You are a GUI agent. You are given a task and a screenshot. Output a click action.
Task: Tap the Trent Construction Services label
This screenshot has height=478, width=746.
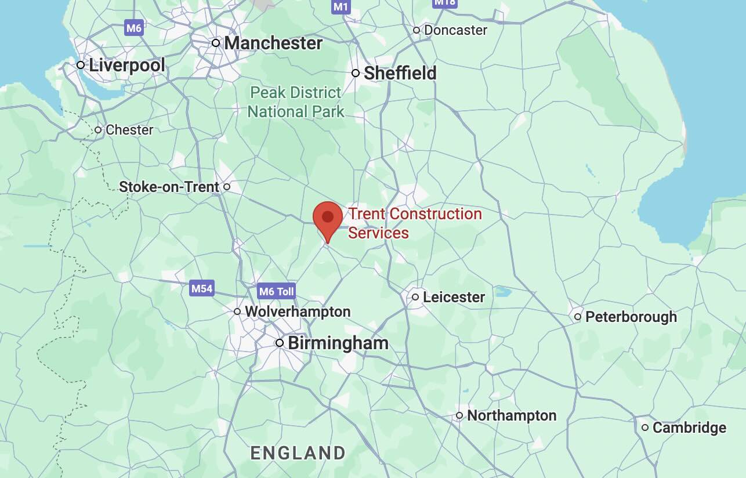pos(415,223)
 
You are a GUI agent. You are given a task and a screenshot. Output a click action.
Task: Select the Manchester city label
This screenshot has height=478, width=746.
pos(273,43)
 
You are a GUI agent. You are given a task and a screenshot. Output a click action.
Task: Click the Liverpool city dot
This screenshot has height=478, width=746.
pos(81,64)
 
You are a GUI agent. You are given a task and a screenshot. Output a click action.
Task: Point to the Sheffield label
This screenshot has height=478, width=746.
pos(400,73)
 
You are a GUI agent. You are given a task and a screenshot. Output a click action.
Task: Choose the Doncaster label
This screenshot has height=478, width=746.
pos(455,30)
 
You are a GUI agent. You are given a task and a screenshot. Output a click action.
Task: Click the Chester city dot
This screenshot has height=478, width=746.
pos(99,130)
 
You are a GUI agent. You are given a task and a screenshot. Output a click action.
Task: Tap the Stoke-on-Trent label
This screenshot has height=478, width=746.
pos(169,187)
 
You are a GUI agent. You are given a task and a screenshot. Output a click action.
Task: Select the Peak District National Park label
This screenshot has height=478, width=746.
pos(296,102)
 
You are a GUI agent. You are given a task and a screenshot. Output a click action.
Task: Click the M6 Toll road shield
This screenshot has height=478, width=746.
pos(277,291)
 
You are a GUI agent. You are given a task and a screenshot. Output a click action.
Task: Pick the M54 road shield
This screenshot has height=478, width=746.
pos(202,288)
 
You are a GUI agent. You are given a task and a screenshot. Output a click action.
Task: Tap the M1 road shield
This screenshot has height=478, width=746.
pos(341,6)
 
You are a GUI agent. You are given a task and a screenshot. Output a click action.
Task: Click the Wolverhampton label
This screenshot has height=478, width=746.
pos(298,312)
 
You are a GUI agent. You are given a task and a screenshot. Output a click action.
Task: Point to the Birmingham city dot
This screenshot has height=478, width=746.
pos(280,343)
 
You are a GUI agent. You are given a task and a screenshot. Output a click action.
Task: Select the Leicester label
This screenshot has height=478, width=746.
pos(454,297)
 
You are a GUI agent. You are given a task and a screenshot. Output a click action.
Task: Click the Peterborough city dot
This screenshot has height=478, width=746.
pos(578,317)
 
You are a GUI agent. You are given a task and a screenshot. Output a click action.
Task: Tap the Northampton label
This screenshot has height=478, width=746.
pos(512,415)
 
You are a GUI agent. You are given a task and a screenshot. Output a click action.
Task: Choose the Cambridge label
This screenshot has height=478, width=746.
pos(689,428)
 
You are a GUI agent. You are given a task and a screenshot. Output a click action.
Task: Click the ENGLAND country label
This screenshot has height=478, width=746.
pos(298,453)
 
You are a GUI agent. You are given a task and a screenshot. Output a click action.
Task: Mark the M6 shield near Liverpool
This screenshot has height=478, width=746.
pos(134,27)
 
